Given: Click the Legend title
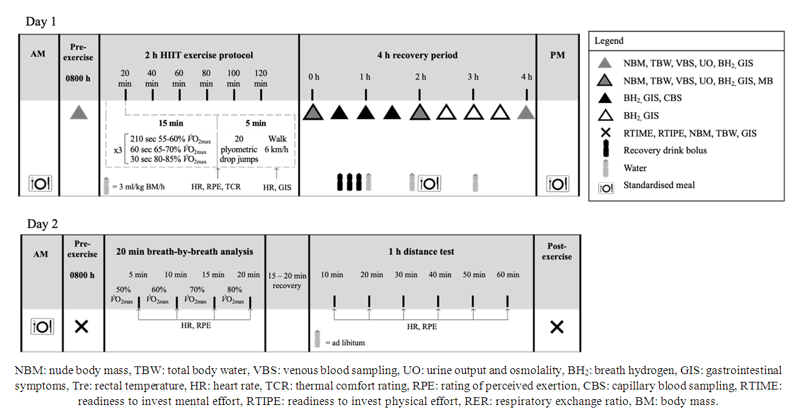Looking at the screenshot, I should pos(608,41).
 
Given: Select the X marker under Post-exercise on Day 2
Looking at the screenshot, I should pos(557,327).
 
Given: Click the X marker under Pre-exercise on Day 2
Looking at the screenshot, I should pos(81,327).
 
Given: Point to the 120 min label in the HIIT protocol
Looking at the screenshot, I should pos(261,78).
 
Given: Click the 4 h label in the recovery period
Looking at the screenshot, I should pos(526,77).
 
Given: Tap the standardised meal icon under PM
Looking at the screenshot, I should pos(557,183).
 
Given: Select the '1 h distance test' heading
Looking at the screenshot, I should pos(421,252).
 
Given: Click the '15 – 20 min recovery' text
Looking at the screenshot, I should pos(287,281).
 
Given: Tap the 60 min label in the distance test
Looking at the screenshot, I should pos(508,275).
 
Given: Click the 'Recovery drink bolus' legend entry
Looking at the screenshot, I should pos(665,151).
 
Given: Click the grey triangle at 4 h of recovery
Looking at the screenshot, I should pos(526,113).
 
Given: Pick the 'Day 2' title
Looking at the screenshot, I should pos(41,225).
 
